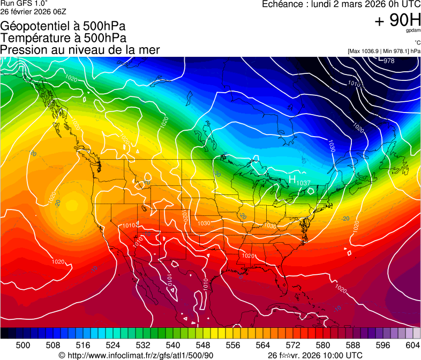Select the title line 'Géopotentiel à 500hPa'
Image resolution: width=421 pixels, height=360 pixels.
pos(63,26)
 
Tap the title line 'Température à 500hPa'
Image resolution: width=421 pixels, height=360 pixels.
pos(63,38)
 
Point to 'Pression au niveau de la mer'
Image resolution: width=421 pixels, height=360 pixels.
pos(80,50)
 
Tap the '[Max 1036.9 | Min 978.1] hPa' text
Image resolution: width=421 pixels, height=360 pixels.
pos(384,51)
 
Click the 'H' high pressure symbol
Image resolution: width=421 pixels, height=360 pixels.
pos(292,179)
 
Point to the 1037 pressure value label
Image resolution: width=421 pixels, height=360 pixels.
pos(304,183)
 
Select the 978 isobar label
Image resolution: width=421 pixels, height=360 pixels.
pos(389,61)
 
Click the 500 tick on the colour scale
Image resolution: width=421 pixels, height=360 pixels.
pos(23,345)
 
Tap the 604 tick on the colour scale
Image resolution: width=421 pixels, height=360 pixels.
pos(413,345)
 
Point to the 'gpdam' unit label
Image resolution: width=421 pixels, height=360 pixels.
pos(413,31)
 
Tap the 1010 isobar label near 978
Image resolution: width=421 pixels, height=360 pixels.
pos(354,84)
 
